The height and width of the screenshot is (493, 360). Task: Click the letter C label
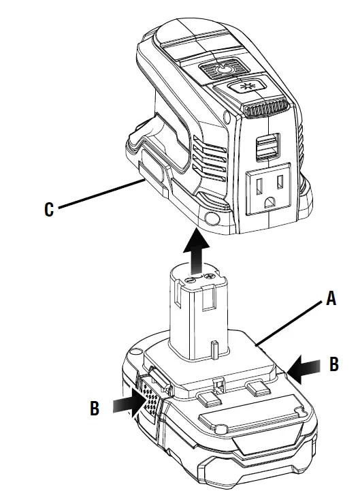pyautogui.click(x=48, y=210)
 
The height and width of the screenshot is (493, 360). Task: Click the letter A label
pyautogui.click(x=331, y=298)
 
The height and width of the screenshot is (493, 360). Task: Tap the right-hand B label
pyautogui.click(x=333, y=364)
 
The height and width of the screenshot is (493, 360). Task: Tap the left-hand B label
pyautogui.click(x=95, y=409)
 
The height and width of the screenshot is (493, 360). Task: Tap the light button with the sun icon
pyautogui.click(x=247, y=87)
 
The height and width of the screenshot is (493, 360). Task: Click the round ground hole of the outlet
pyautogui.click(x=271, y=201)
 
